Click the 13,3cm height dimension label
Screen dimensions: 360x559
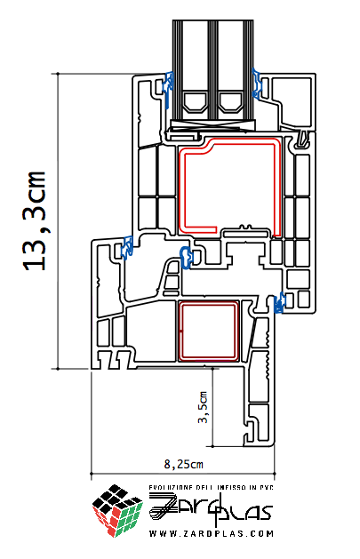click(x=35, y=220)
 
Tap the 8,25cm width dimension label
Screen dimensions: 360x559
click(x=183, y=464)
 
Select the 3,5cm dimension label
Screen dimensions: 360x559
click(x=203, y=408)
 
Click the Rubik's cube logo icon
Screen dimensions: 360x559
click(x=117, y=510)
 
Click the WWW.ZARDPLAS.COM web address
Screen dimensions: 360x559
click(x=212, y=534)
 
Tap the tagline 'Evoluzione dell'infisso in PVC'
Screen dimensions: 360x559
click(x=211, y=487)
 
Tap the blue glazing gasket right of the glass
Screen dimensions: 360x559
click(x=257, y=83)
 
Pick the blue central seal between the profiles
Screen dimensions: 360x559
click(x=187, y=257)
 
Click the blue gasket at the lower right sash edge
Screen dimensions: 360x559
click(x=279, y=302)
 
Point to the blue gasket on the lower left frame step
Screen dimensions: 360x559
click(x=127, y=247)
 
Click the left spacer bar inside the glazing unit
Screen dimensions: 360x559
click(x=195, y=102)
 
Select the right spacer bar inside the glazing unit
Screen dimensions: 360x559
click(x=230, y=102)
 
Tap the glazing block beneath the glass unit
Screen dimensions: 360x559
click(x=213, y=125)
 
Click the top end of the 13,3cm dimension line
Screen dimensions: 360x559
click(x=58, y=74)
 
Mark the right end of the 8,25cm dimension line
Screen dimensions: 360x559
click(x=275, y=474)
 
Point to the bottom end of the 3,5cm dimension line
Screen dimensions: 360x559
click(x=212, y=445)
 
